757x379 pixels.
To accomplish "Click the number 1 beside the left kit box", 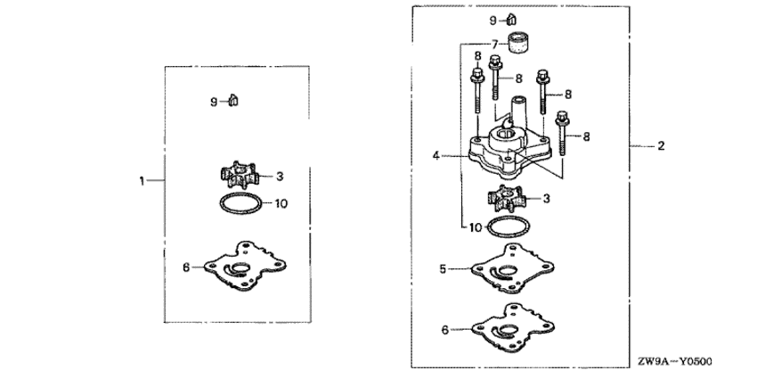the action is [142, 181].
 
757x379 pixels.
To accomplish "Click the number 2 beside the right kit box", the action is [662, 145].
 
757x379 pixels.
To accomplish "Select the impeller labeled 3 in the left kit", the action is [240, 175].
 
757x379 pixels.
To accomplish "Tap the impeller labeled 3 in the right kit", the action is [507, 198].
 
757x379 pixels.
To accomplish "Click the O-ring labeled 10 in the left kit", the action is [241, 203].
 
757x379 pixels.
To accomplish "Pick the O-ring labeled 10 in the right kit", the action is [509, 227].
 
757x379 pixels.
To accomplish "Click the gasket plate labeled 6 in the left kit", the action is [245, 266].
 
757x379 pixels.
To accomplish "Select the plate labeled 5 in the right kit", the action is [512, 268].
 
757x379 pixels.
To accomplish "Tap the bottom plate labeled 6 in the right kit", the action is [513, 328].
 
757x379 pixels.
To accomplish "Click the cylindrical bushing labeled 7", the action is [517, 43].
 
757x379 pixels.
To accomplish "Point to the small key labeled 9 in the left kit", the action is [233, 101].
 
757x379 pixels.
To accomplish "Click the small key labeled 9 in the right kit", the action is [511, 20].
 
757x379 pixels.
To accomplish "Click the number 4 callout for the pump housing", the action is [436, 156].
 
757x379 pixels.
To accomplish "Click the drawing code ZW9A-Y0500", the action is [674, 361].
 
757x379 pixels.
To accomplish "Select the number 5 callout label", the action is [443, 268].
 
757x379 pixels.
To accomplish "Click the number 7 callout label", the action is [494, 45].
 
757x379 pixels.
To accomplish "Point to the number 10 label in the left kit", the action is [281, 203].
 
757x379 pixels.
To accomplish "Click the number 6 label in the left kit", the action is [186, 267].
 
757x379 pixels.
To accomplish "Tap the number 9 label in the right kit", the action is [492, 21].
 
